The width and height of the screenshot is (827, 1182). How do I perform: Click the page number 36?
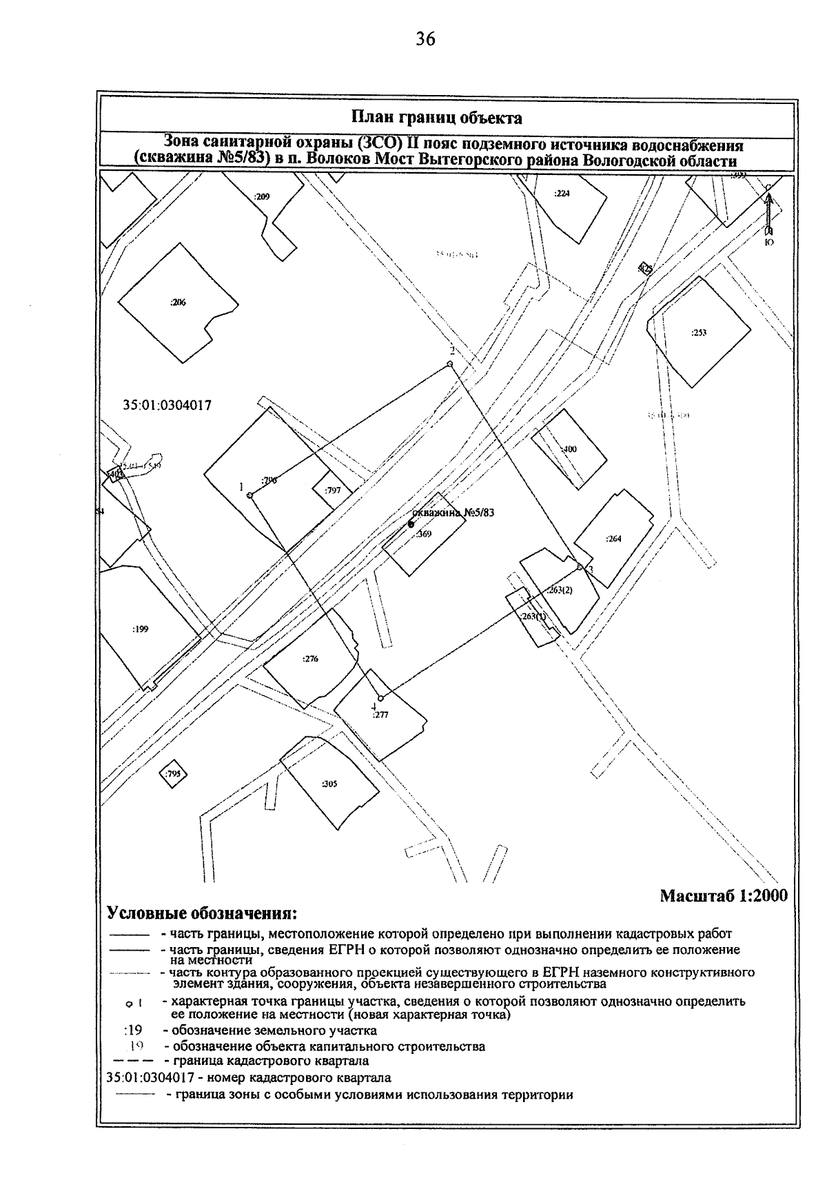point(425,39)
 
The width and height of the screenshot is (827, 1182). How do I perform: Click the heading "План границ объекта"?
point(436,118)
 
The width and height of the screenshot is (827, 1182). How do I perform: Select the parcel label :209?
point(261,196)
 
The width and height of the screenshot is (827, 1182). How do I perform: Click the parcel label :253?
point(699,333)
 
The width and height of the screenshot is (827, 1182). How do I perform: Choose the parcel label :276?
point(310,659)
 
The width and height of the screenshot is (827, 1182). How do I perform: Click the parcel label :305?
point(329,784)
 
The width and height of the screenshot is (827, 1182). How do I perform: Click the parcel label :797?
point(333,490)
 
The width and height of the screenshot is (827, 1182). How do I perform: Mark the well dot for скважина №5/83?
point(411,524)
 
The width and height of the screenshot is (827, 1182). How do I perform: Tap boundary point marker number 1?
point(249,495)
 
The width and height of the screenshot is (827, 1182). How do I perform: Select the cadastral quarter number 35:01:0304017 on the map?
point(167,406)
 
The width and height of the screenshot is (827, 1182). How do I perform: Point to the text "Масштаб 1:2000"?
point(723,895)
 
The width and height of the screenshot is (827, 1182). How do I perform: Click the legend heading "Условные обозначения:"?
point(202,914)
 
